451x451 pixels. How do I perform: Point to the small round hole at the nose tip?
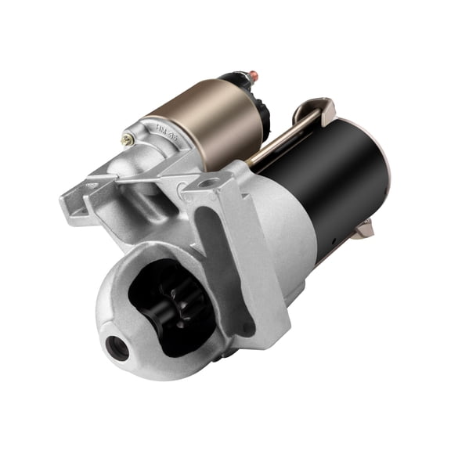click(x=118, y=348)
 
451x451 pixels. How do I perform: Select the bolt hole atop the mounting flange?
click(x=208, y=183)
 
